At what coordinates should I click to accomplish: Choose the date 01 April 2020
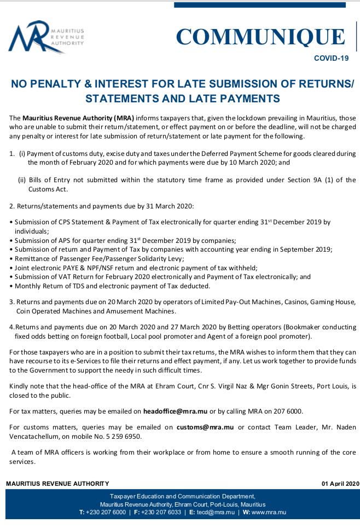click(x=340, y=483)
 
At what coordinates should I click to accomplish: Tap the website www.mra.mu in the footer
click(x=270, y=513)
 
